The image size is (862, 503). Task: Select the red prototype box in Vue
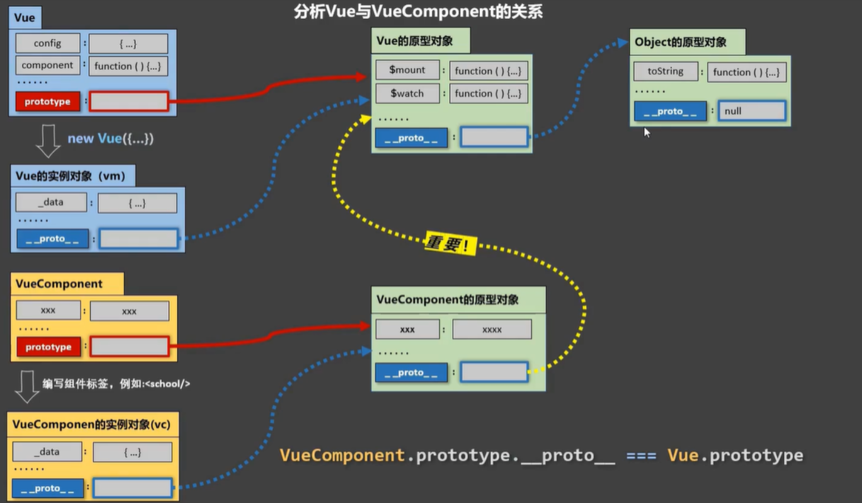click(48, 101)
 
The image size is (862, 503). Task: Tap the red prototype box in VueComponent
click(48, 347)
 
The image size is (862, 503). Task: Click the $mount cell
click(407, 70)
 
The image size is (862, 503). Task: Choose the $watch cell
click(407, 93)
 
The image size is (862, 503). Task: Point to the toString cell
click(666, 71)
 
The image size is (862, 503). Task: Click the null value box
click(752, 111)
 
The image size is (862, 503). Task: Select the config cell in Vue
click(48, 43)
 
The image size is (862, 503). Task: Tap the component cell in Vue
click(48, 65)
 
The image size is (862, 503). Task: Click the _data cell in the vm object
click(51, 202)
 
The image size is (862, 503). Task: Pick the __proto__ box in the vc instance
click(48, 488)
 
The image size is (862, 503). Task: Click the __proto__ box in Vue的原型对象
click(411, 137)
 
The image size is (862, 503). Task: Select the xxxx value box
click(492, 330)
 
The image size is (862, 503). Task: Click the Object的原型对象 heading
click(681, 42)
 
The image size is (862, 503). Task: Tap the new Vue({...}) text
click(111, 138)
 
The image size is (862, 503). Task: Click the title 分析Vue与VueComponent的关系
click(418, 11)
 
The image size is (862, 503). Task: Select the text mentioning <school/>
click(116, 383)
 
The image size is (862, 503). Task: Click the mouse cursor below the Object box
click(647, 132)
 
